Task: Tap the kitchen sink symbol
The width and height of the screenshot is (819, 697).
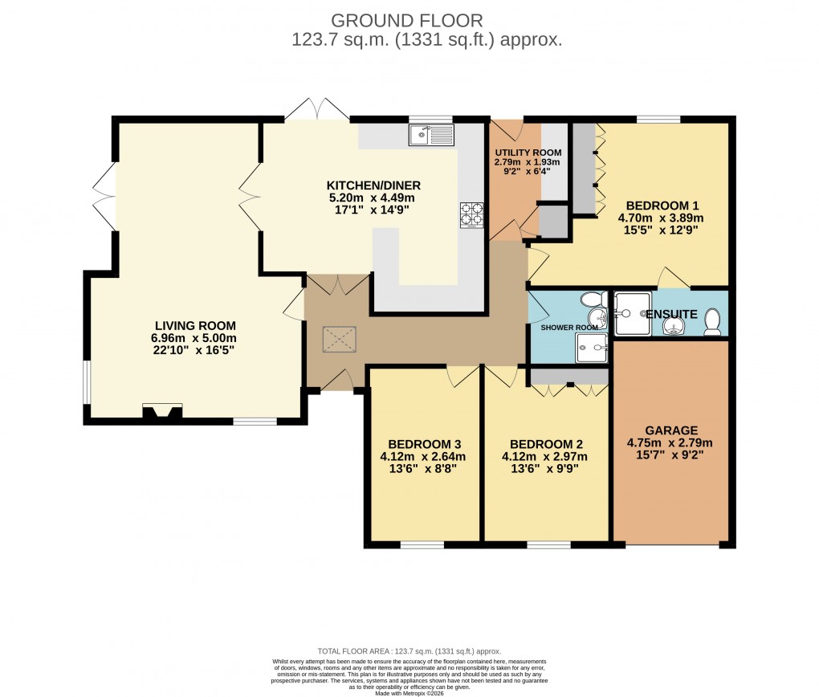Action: point(431,135)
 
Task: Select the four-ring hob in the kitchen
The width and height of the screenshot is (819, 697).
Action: point(471,215)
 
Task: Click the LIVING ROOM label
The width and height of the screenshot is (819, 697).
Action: point(195,325)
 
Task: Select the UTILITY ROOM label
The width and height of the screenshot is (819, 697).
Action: point(528,153)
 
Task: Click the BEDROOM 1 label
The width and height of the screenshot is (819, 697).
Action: point(661,205)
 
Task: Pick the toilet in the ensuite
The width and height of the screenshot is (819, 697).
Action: point(712,323)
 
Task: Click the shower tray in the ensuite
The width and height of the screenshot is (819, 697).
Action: point(632,313)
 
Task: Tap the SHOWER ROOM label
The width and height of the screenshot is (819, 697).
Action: point(569,328)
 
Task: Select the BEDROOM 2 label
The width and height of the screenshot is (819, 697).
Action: point(546,444)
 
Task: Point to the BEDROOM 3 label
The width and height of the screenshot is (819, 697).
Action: point(423,444)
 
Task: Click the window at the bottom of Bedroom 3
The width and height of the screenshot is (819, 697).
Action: point(422,545)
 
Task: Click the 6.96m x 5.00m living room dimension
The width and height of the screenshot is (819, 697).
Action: point(195,338)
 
